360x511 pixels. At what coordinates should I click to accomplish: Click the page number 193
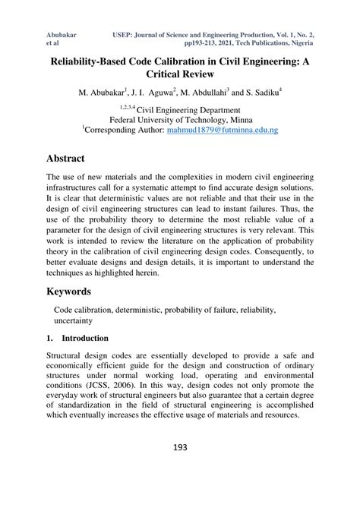(x=179, y=446)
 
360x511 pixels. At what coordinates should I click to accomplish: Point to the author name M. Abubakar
(x=106, y=94)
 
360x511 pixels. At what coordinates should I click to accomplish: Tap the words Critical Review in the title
(x=179, y=75)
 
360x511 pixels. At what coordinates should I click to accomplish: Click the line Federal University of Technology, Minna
(x=179, y=119)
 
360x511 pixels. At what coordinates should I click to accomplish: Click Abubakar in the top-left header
(x=65, y=36)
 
